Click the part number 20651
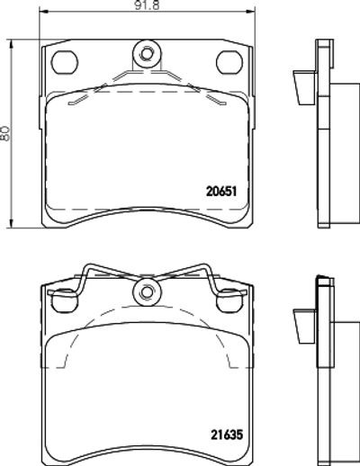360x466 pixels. click(221, 192)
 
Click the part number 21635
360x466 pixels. click(227, 435)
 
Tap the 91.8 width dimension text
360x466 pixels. click(147, 5)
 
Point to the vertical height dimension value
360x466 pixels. click(5, 133)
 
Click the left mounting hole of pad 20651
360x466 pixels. click(65, 62)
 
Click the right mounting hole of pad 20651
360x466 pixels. click(229, 62)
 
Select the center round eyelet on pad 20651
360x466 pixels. click(147, 54)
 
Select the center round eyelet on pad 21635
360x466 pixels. click(147, 292)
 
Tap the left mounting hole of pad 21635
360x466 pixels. click(64, 300)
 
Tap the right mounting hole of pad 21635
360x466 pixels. click(229, 300)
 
